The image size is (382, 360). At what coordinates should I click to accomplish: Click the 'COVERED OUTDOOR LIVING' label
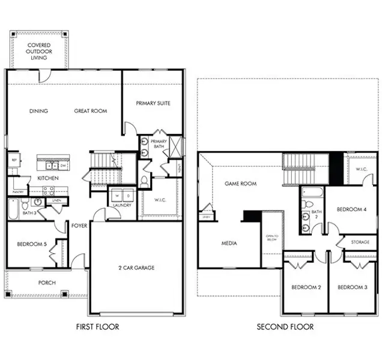coord(38,51)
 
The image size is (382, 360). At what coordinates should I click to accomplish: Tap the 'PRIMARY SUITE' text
coord(153,103)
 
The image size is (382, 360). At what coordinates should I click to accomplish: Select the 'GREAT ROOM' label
coord(91,111)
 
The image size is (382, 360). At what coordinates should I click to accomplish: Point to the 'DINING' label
coord(38,111)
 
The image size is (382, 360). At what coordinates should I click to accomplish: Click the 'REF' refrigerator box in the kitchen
coord(13,160)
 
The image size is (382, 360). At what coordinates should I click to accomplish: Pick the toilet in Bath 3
coord(37,203)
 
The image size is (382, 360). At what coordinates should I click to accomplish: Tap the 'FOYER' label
coord(79,226)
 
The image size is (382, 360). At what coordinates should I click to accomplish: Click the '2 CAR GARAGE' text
coord(136,268)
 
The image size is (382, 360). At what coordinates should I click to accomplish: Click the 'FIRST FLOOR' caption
coord(97,327)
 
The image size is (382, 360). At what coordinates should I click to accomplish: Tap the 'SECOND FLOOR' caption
coord(285,327)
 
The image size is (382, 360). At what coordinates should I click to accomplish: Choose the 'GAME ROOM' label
coord(237,184)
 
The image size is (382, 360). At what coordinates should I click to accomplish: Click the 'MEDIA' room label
coord(228,244)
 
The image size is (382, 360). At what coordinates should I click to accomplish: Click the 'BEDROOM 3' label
coord(353,288)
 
